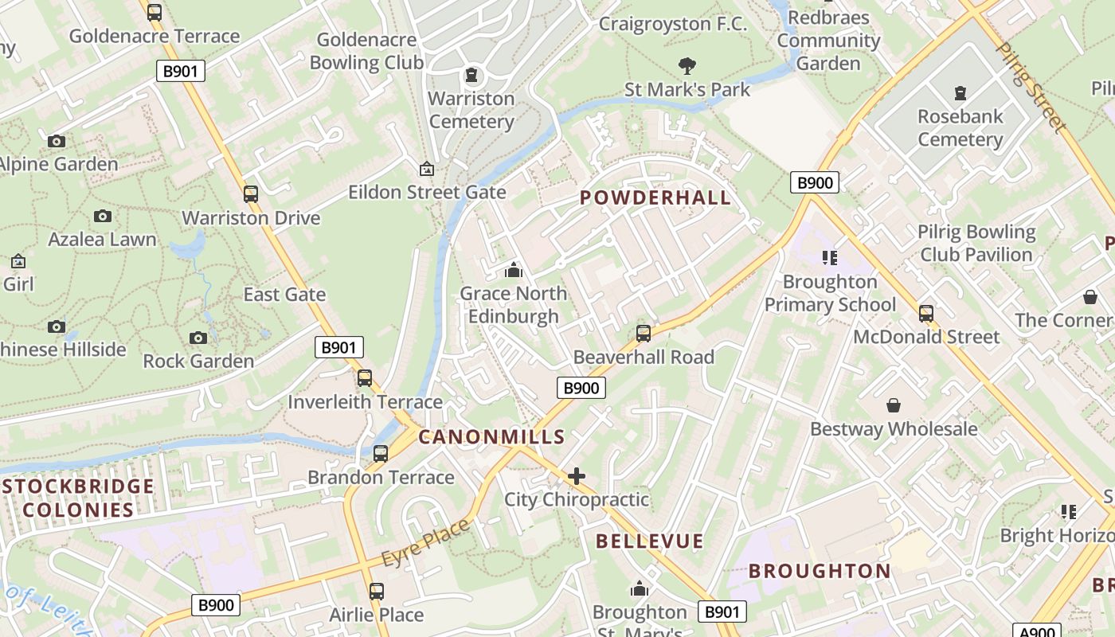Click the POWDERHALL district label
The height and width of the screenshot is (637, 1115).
655,197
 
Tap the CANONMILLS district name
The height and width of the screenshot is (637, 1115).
491,436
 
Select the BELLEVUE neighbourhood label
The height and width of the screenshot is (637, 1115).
650,541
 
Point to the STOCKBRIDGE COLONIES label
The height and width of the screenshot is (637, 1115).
77,498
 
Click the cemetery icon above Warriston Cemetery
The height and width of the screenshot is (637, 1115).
472,76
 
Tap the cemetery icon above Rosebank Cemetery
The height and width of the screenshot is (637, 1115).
960,93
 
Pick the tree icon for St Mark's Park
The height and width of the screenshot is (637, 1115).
687,66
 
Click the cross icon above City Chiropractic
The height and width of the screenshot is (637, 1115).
577,476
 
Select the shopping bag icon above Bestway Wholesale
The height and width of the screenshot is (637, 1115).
894,405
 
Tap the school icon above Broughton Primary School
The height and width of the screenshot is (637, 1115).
830,257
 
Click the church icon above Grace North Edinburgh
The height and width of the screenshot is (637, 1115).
514,270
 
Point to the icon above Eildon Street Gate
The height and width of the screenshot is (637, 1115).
427,169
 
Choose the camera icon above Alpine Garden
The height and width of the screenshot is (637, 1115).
57,141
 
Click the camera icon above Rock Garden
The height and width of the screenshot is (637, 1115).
198,338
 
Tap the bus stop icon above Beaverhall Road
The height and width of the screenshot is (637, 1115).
644,334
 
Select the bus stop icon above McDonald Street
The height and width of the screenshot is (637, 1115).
925,313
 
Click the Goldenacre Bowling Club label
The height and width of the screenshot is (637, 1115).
366,51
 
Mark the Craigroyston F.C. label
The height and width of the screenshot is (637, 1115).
673,24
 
